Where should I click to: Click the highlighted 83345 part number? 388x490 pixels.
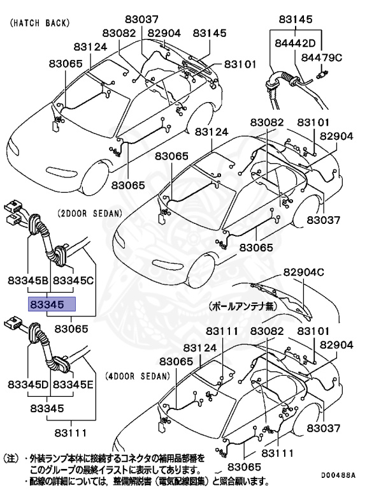pos(51,304)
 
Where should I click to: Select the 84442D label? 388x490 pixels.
pos(295,43)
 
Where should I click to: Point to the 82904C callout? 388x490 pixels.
pos(304,272)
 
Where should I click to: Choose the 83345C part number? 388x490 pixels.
pos(73,279)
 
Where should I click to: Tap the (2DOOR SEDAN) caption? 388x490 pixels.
pos(89,213)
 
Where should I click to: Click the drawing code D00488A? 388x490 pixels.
pos(338,475)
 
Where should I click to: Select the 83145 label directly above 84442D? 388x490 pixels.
pos(296,19)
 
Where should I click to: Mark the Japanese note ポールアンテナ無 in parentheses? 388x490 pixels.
pos(243,306)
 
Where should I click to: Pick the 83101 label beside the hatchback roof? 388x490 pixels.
pos(239,64)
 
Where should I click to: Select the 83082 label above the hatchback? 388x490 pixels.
pos(119,33)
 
